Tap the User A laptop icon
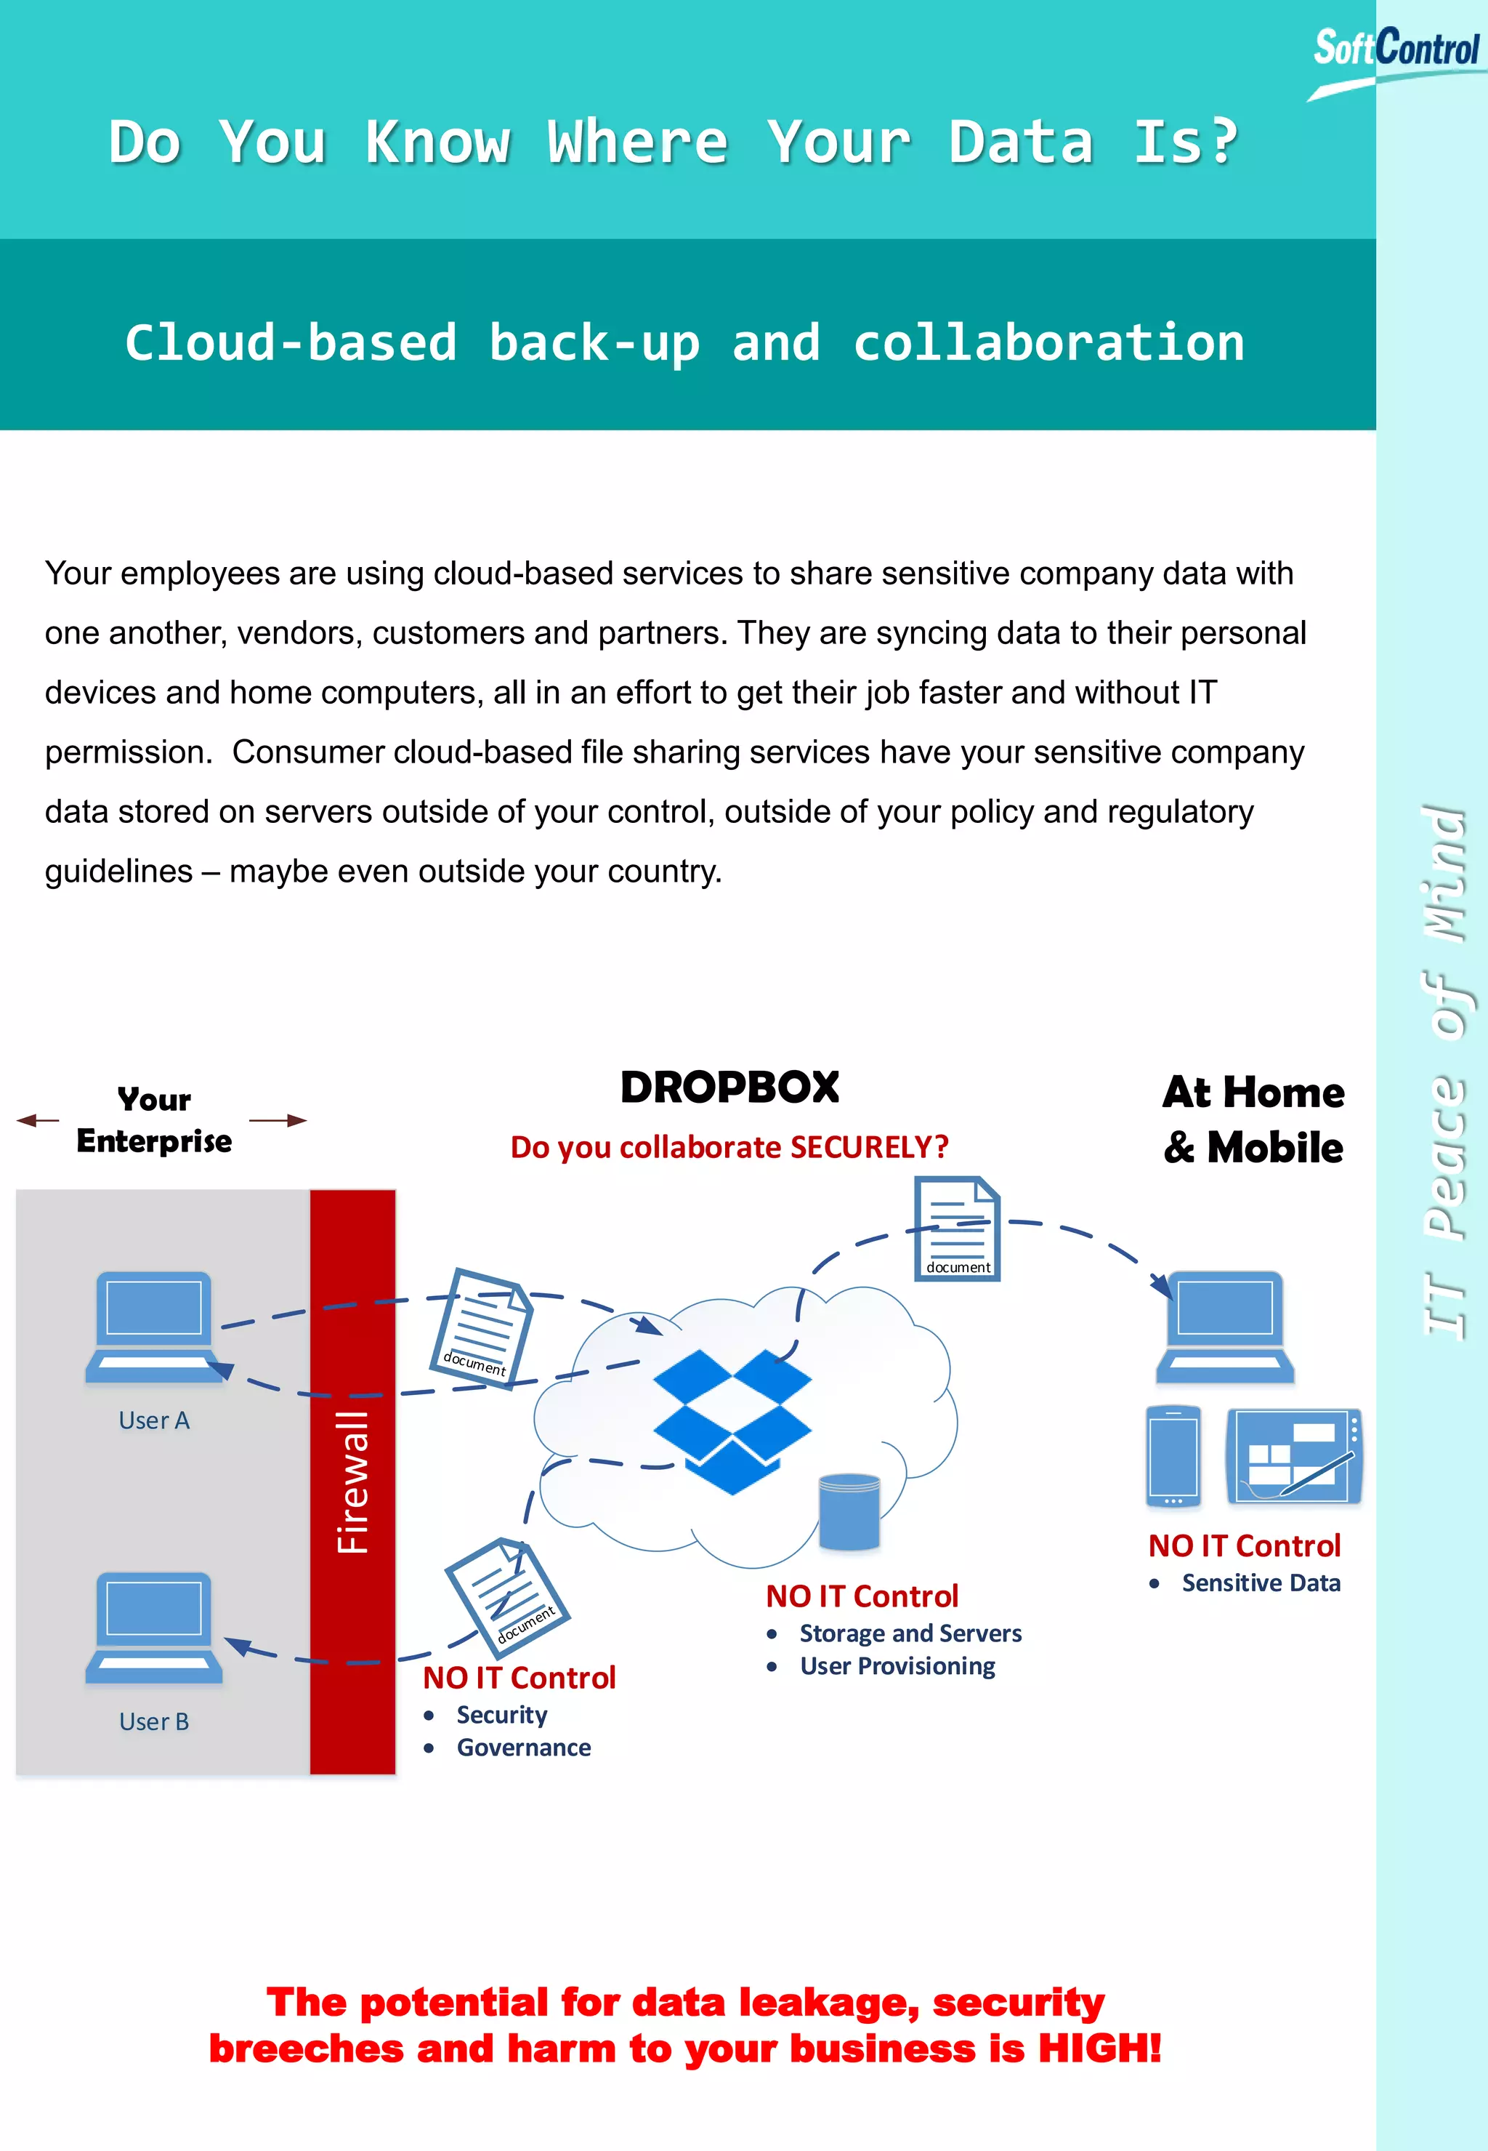154,1325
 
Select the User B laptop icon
154,1627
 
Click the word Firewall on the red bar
352,1482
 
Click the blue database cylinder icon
849,1511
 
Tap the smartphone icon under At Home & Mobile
1173,1456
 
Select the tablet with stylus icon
1294,1456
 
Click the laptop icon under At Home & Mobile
1225,1325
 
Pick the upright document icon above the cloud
957,1228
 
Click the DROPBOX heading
730,1087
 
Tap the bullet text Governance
524,1747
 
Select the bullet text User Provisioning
898,1666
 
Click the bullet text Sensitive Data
1261,1583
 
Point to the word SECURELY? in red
869,1146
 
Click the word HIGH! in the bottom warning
1100,2049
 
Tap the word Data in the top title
1021,142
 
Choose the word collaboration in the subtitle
1049,342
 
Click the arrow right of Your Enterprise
278,1120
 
